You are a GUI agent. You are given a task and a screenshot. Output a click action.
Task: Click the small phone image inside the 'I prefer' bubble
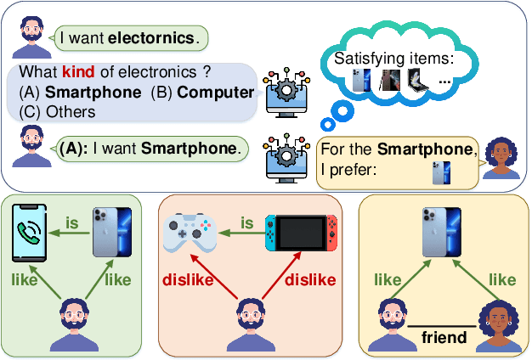(440, 173)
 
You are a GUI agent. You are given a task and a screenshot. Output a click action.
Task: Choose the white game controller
(189, 232)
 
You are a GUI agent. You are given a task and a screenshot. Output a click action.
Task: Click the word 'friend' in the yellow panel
(444, 337)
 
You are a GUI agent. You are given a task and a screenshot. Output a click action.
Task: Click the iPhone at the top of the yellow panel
(443, 230)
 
